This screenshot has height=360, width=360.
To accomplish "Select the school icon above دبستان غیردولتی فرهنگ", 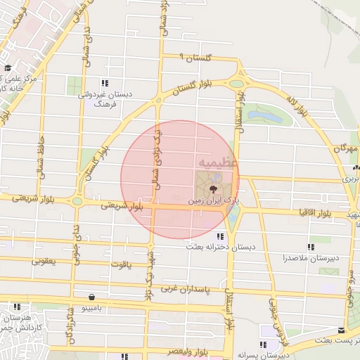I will [x=105, y=83].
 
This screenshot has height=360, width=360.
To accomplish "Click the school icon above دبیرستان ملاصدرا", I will [x=311, y=247].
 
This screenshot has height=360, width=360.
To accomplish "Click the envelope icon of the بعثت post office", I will [x=341, y=330].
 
